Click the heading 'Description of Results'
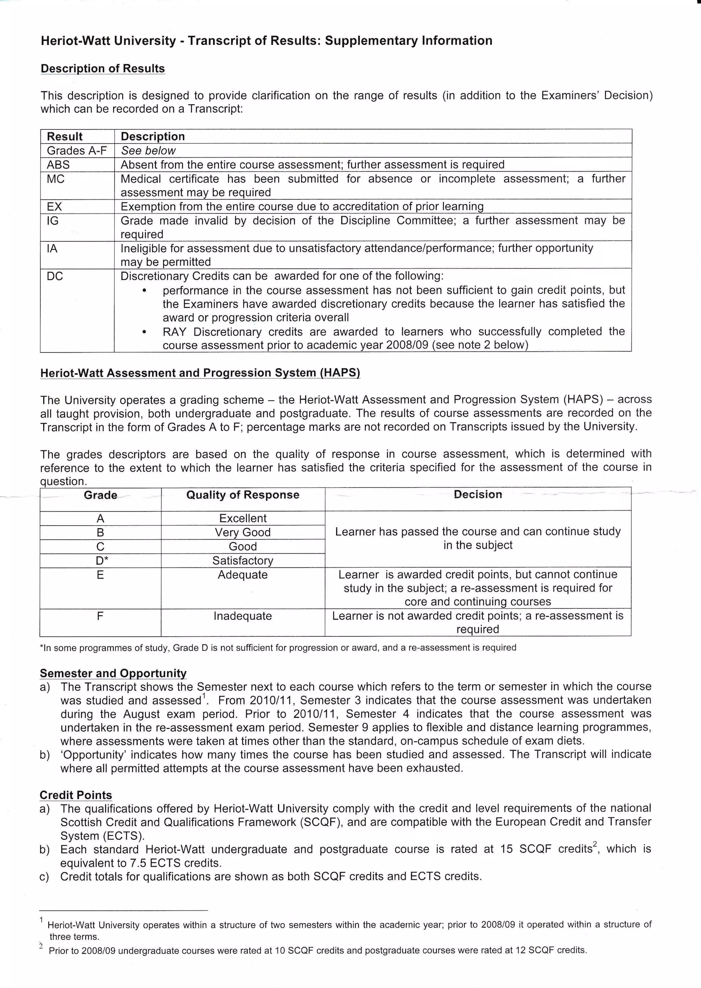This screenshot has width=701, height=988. tap(103, 69)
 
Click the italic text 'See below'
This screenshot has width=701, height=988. tap(148, 150)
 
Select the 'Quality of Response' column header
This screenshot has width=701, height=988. tap(243, 495)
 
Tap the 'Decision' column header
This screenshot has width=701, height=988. tap(478, 494)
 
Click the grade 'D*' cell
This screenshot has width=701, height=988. tap(101, 561)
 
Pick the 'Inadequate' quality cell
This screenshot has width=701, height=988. tap(243, 616)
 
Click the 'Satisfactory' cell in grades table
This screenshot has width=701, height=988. tap(243, 561)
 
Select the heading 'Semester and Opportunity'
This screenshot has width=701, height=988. tap(113, 673)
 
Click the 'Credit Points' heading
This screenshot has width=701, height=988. tap(76, 795)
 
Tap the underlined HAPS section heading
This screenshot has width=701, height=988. tap(200, 373)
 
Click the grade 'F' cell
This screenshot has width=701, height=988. tap(100, 616)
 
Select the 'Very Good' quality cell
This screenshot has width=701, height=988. tap(243, 532)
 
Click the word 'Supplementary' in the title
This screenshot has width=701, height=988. tap(371, 41)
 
